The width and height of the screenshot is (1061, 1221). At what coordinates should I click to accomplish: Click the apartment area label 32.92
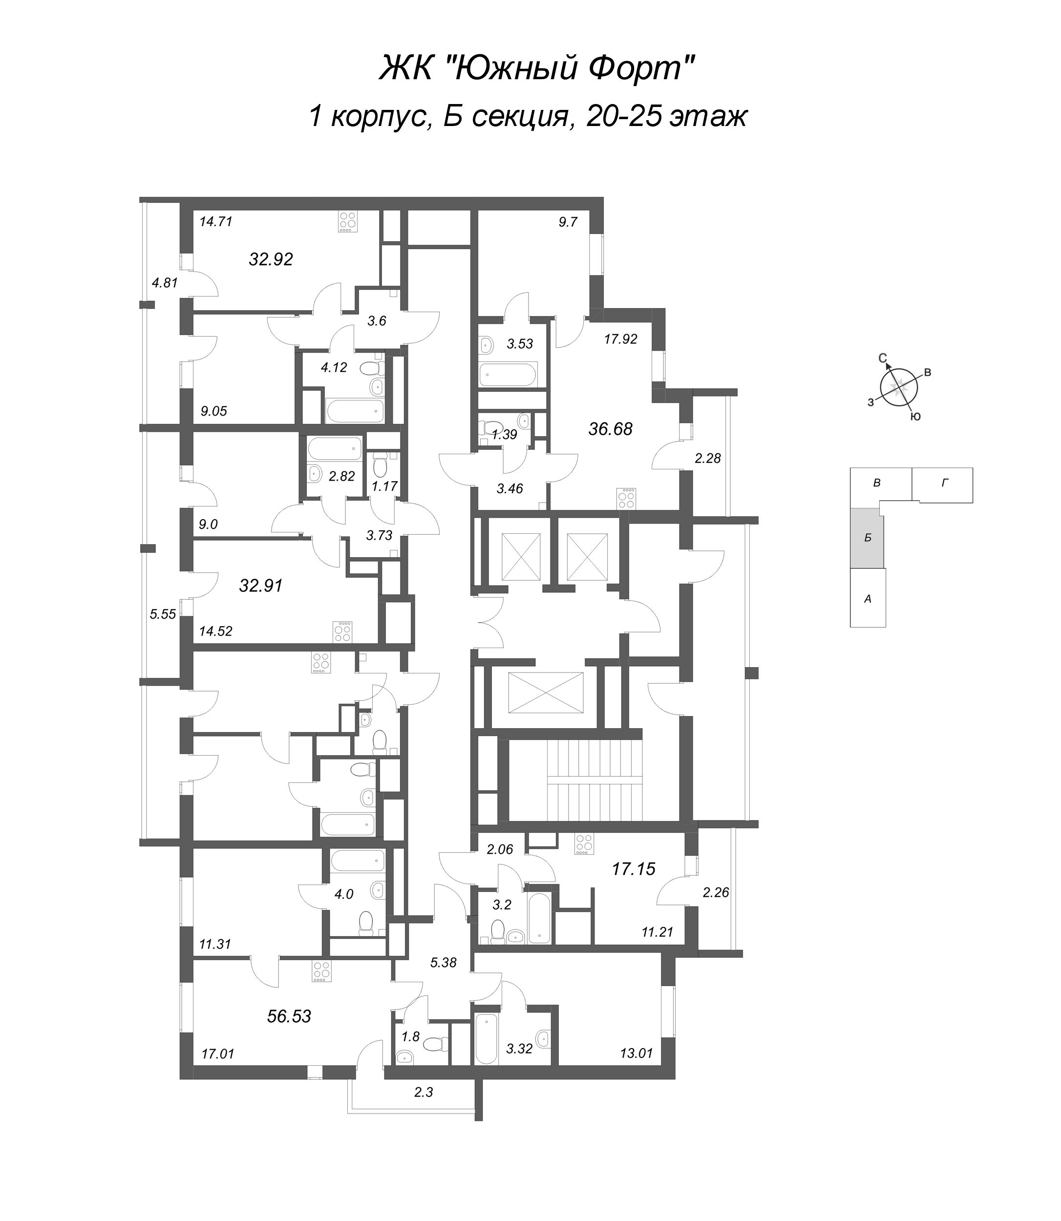click(271, 259)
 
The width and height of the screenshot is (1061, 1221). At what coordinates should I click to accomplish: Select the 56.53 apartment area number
click(289, 1016)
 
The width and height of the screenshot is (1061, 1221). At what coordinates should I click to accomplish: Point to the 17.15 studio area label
click(634, 869)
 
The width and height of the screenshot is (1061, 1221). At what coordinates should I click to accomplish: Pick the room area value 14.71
click(215, 222)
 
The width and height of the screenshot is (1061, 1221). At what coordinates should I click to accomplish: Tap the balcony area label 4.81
click(165, 283)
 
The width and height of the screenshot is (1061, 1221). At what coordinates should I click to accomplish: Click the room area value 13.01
click(636, 1053)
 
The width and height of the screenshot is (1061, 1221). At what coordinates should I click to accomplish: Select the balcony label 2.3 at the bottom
click(424, 1093)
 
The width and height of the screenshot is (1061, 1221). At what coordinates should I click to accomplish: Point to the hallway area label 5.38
click(443, 962)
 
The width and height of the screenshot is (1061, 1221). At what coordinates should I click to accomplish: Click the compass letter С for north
click(882, 358)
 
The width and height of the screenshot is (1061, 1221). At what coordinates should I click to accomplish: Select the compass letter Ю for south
click(915, 417)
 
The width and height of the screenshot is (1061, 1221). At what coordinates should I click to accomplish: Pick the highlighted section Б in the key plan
click(868, 538)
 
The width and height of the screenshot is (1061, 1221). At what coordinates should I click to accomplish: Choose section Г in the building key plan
click(944, 483)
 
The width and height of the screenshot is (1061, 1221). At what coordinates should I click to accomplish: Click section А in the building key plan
click(868, 599)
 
